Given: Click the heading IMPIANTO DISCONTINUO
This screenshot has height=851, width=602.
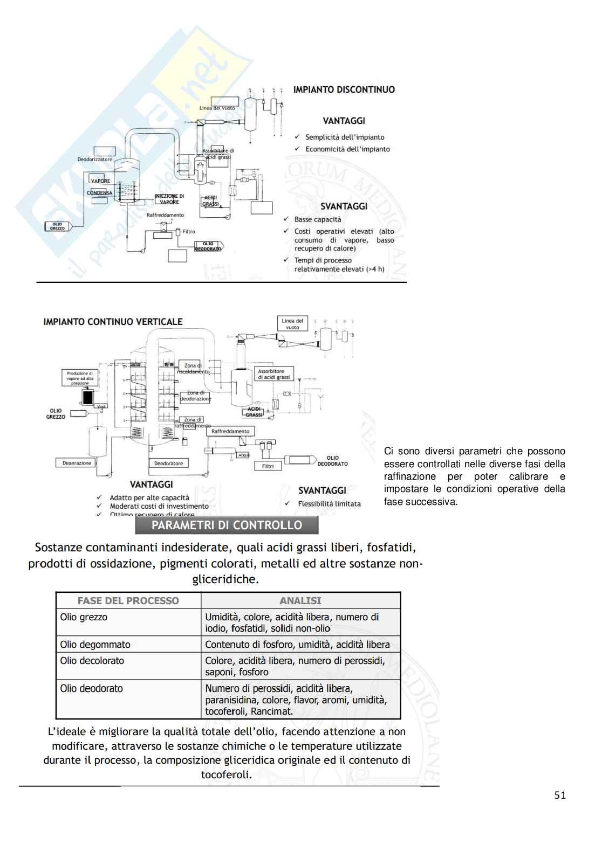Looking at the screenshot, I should [344, 89].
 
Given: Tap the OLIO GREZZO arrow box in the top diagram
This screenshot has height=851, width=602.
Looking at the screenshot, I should [58, 227].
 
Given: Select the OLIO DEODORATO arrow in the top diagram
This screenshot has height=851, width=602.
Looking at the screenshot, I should [208, 246].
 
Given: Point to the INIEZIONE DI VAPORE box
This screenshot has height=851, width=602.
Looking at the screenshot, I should [169, 199].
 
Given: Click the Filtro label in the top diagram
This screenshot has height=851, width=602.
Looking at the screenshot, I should [189, 232].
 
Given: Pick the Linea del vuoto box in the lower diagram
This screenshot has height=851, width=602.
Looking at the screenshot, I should [292, 324].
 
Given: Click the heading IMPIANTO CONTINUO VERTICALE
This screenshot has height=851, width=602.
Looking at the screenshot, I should [113, 322].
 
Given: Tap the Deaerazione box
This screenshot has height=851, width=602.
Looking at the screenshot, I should [77, 463].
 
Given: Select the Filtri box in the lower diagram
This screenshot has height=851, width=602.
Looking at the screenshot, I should [268, 466].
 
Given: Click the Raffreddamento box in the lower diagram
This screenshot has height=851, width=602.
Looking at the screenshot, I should [230, 431].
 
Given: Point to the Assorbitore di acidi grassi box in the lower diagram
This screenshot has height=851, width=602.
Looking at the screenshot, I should [273, 374].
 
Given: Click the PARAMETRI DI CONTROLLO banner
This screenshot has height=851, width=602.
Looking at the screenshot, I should [227, 525].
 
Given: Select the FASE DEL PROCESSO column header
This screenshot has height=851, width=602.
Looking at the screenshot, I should [128, 600].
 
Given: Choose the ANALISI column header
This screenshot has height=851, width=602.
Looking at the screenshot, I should [300, 600].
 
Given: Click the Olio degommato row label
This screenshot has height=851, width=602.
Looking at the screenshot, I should [95, 645].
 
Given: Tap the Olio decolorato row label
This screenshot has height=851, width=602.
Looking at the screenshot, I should [92, 661].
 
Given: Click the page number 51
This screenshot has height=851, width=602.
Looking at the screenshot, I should [560, 795].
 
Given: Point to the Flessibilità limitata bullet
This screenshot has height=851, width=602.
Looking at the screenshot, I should [329, 504].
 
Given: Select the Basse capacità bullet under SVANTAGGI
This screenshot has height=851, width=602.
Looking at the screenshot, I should [318, 219].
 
